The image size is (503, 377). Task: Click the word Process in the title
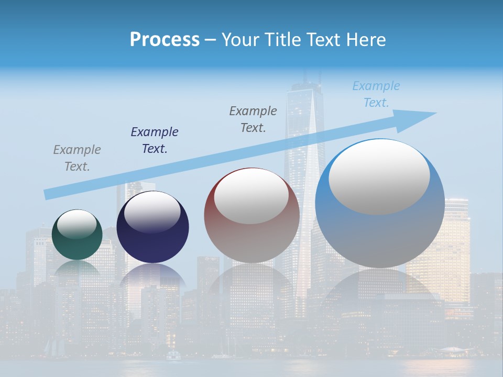click(x=165, y=40)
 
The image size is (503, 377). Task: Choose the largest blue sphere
click(x=380, y=236)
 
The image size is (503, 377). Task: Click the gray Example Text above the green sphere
click(x=77, y=158)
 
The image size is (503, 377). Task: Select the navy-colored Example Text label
click(x=155, y=140)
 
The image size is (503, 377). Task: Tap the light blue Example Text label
click(x=376, y=94)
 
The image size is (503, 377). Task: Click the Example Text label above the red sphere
click(x=253, y=119)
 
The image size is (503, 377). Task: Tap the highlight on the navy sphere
click(x=152, y=213)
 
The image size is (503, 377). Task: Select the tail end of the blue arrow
click(x=48, y=194)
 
